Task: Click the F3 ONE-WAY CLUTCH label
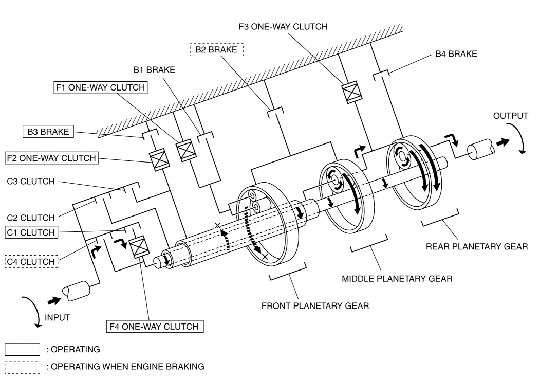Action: point(283,27)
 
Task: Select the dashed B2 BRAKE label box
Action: point(217,49)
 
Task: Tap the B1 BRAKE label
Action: point(154,70)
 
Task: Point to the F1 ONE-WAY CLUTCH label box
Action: point(101,87)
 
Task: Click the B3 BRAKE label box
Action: point(48,132)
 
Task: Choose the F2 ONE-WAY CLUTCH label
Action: point(52,158)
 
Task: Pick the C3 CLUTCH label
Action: point(31,181)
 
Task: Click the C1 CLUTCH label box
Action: point(31,232)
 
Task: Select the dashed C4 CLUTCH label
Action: point(31,262)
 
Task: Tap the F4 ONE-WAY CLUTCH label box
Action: point(155,326)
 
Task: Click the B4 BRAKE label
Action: point(456,54)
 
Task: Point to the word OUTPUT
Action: point(510,116)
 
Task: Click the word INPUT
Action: point(58,317)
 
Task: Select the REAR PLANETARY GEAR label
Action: point(477,247)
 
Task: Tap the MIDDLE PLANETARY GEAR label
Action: point(397,279)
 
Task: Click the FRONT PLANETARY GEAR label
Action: point(315,306)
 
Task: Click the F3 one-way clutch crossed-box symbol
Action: point(352,92)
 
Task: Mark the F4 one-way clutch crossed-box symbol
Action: point(139,247)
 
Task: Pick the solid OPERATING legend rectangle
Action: point(23,349)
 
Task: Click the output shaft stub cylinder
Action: point(481,149)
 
